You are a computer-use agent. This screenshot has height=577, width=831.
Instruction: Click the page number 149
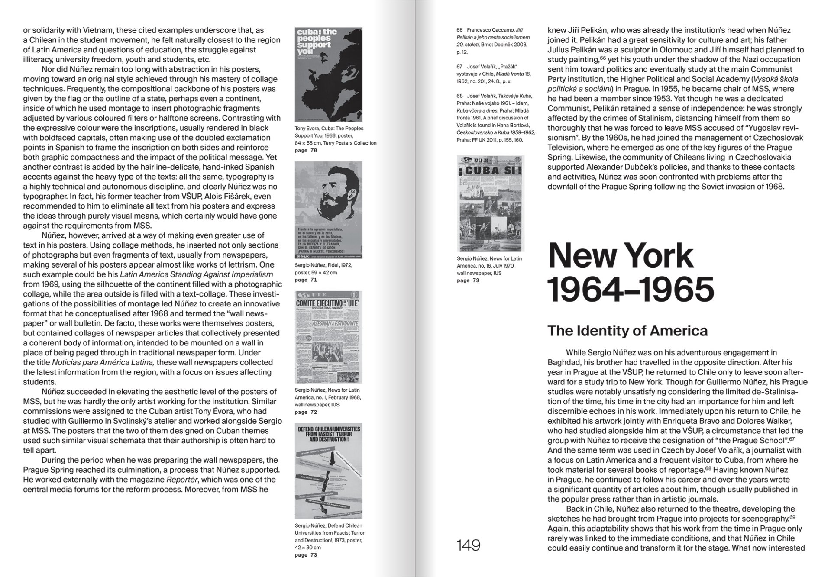[x=469, y=545]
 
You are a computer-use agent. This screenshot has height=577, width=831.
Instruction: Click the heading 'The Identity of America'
[x=627, y=331]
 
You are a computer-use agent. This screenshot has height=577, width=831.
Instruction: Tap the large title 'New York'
[x=620, y=256]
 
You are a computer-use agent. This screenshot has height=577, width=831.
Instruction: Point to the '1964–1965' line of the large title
[x=631, y=289]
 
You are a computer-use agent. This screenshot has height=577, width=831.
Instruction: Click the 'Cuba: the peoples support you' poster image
[x=328, y=74]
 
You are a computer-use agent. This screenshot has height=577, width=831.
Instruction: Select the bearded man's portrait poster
[x=328, y=210]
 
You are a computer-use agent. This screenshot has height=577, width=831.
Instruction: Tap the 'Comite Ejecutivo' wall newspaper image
[x=328, y=337]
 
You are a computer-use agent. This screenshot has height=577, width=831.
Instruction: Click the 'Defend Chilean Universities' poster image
[x=328, y=471]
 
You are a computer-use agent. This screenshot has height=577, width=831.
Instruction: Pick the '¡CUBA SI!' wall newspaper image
[x=490, y=203]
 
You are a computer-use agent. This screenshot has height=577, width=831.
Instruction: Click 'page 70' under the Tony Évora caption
[x=306, y=151]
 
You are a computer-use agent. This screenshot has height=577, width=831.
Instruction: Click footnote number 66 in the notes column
[x=459, y=30]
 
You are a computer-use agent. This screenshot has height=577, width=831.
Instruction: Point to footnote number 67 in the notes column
[x=459, y=67]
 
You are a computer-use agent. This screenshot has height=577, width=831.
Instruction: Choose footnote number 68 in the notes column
[x=459, y=96]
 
